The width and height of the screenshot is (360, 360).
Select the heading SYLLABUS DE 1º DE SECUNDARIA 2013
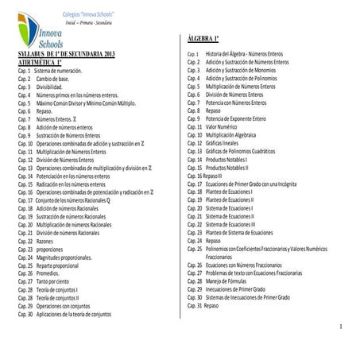click(x=71, y=52)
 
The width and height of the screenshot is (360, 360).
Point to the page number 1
click(x=339, y=327)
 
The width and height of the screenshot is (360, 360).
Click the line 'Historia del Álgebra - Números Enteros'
click(x=250, y=54)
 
